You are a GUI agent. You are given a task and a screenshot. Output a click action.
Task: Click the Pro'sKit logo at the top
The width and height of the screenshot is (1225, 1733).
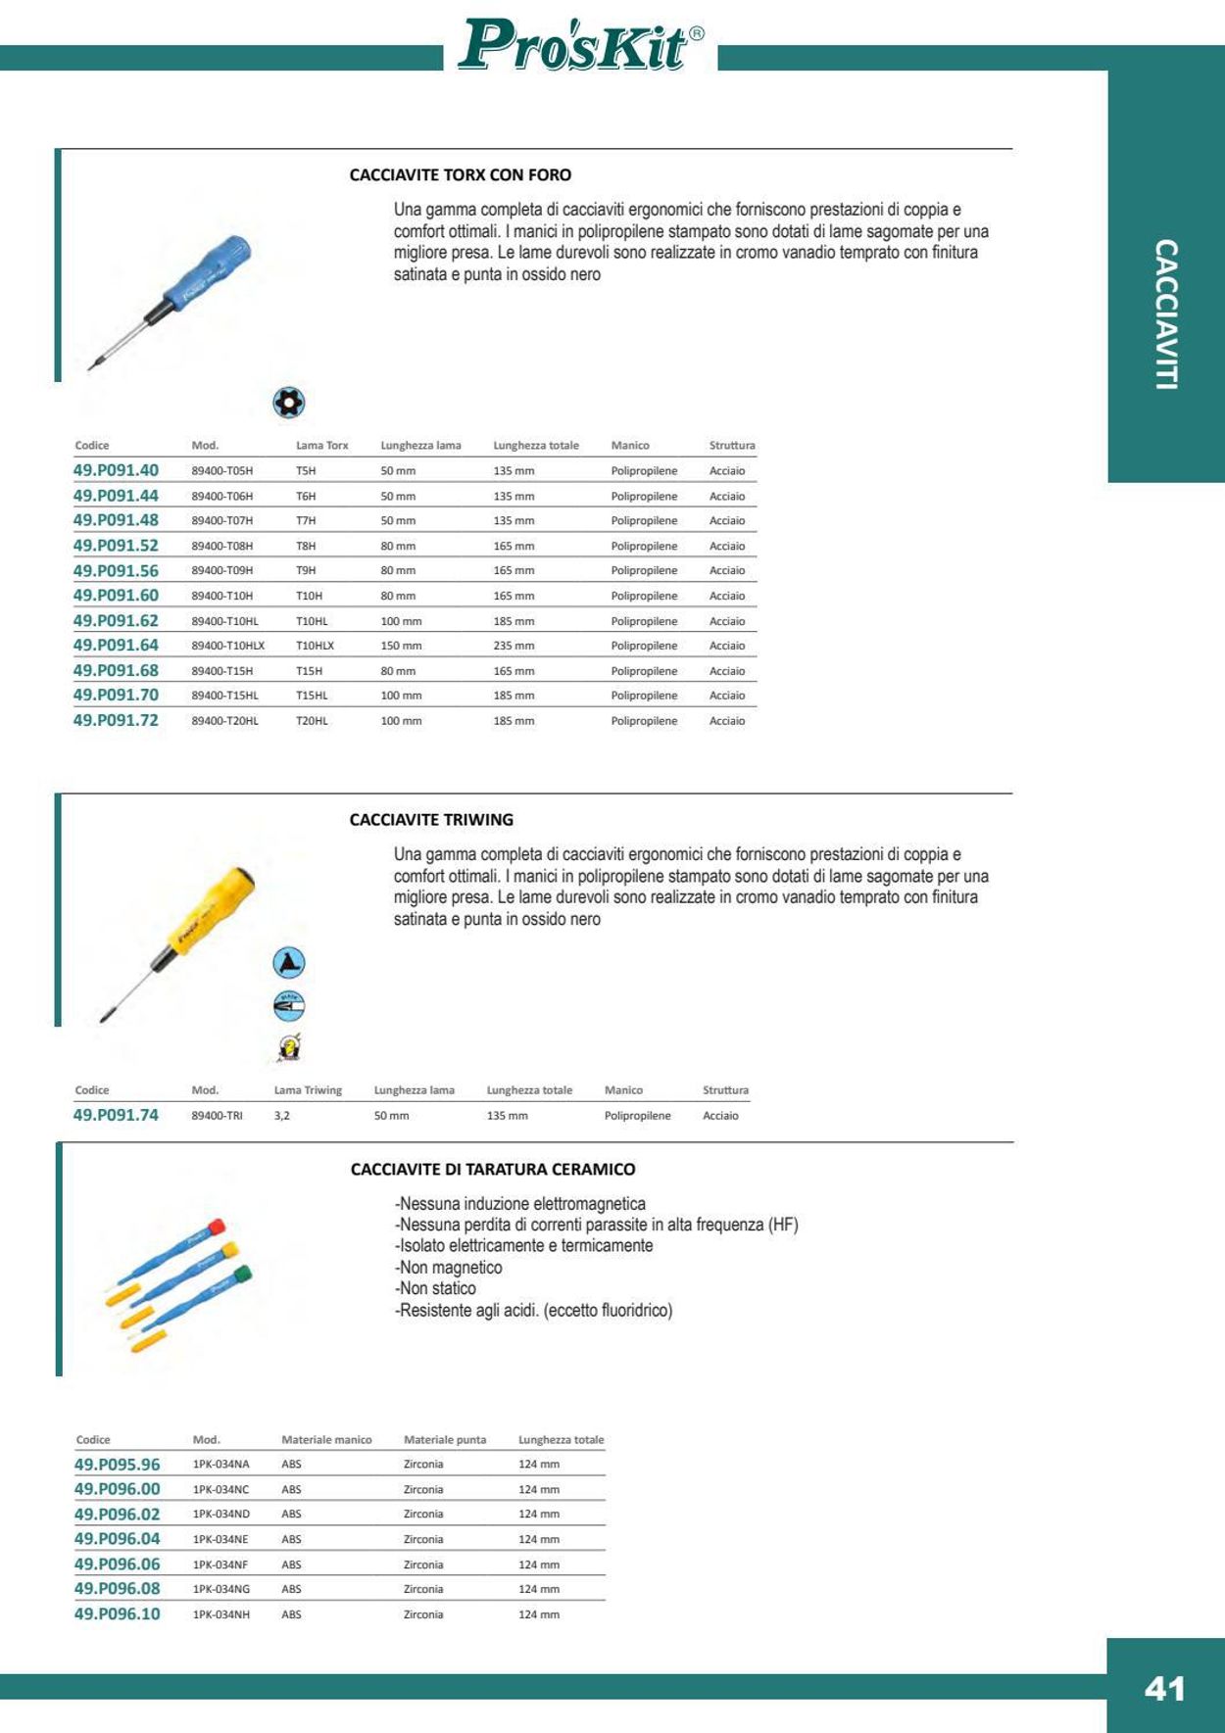[x=580, y=46]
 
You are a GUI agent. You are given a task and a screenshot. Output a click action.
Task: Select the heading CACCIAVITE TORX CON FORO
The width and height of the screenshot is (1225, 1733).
[x=461, y=175]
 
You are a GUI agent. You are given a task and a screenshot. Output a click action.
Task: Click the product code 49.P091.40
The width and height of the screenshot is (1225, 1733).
[x=116, y=470]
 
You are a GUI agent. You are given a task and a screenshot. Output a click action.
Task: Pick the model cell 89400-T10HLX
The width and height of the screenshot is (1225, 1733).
[x=227, y=646]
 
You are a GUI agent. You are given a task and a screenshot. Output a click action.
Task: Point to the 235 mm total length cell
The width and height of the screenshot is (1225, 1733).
[x=514, y=646]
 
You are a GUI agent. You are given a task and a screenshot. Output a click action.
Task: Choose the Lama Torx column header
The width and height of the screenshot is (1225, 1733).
[x=321, y=446]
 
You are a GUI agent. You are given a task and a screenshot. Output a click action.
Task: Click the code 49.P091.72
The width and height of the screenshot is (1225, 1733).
[x=116, y=720]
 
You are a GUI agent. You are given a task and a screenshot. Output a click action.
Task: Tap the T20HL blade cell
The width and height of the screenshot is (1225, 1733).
[x=312, y=721]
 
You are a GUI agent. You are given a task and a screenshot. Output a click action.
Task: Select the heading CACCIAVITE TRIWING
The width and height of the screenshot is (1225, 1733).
[x=431, y=820]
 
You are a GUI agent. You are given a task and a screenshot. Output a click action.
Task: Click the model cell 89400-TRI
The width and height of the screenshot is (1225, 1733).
[x=217, y=1116]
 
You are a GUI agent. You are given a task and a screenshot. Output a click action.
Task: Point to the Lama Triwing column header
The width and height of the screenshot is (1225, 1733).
[x=308, y=1090]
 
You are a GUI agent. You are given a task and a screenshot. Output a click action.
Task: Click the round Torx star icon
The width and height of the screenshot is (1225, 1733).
[x=288, y=403]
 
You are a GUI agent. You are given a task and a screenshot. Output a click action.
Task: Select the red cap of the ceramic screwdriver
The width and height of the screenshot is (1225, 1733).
[x=217, y=1227]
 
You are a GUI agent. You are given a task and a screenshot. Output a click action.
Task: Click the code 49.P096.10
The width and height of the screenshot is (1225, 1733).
[x=117, y=1613]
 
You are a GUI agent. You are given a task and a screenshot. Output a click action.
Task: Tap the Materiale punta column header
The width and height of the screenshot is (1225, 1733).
[x=445, y=1440]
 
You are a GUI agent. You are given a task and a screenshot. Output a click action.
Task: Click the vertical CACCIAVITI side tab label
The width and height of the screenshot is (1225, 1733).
[x=1165, y=314]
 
